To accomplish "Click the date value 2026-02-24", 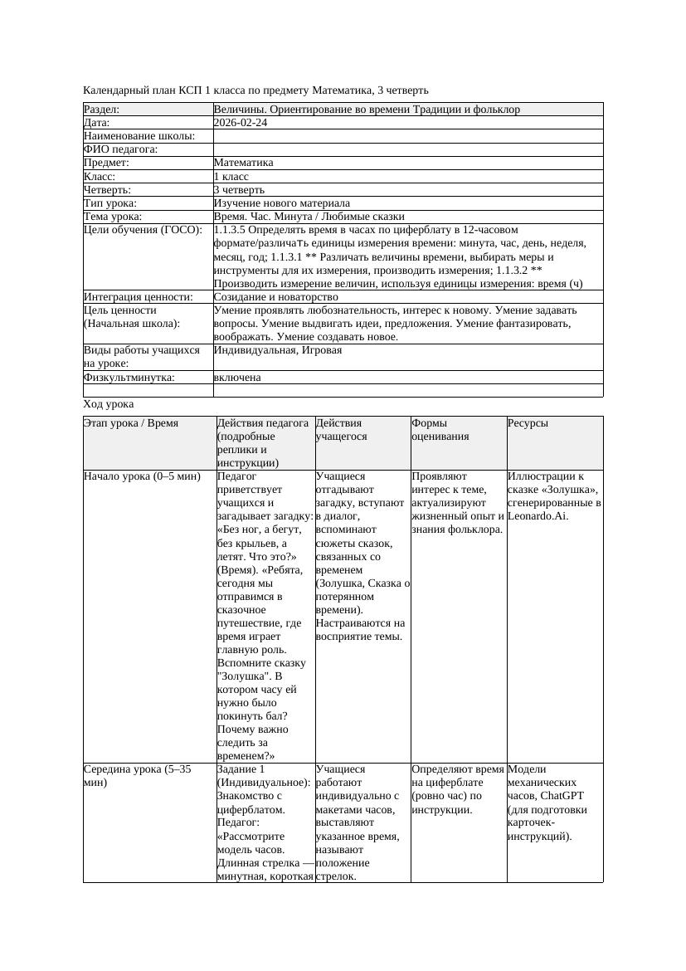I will pos(241,122).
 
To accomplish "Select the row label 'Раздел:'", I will pos(102,109).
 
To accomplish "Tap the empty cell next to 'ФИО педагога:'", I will pos(407,149).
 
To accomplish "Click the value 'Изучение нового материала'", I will pos(281,202).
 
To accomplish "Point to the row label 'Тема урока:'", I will pos(113,216).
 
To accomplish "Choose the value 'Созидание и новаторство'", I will pos(275,296).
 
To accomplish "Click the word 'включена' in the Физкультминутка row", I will pos(237,377).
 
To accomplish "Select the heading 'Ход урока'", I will pos(109,404).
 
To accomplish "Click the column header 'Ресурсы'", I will pos(528,423).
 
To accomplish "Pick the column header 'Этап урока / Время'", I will pos(124,423).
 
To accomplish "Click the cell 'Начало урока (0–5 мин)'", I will pos(142,476).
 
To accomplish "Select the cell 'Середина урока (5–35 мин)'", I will pos(138,775).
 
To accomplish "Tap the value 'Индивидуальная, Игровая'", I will pos(278,350).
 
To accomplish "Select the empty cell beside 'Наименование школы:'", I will pos(407,136).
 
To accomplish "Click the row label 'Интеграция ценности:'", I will pos(138,296).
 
